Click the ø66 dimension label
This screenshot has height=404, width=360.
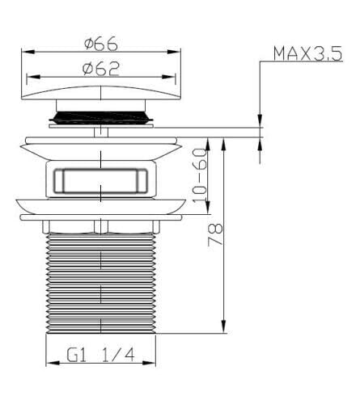tap(101, 44)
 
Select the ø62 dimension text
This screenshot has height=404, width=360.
tap(101, 69)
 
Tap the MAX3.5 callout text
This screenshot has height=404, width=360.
tap(307, 53)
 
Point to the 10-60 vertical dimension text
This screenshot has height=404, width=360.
tap(200, 176)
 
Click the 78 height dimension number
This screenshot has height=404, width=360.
tap(215, 234)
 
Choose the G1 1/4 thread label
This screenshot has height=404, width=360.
tap(100, 356)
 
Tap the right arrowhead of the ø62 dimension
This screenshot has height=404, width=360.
tap(168, 77)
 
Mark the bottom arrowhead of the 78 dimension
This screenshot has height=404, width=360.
tap(223, 326)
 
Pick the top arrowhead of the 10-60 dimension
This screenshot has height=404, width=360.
tap(208, 144)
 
